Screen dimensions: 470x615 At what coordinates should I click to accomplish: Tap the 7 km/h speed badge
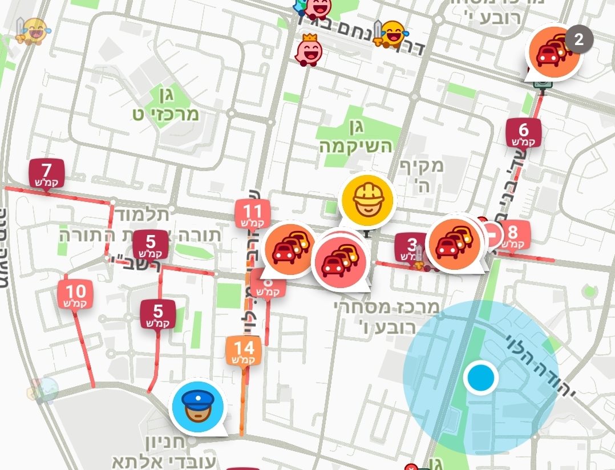47,173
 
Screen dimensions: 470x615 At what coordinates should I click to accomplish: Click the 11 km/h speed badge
252,214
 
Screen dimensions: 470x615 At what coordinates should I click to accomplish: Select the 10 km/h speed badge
75,294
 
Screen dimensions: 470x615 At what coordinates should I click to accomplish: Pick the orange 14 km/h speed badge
243,350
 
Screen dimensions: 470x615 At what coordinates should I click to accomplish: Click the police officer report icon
197,406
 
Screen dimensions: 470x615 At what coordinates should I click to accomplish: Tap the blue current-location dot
480,378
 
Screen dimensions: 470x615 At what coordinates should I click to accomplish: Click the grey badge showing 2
579,40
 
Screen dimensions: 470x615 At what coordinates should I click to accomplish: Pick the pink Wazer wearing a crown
309,50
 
